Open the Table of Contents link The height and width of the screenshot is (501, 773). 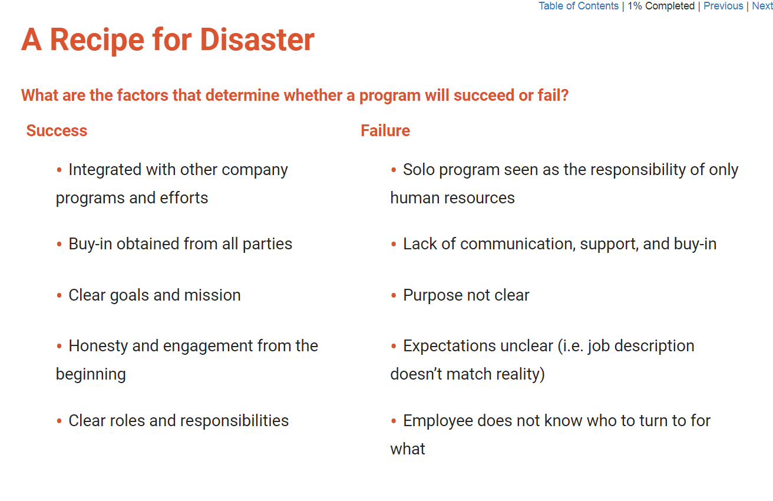point(579,6)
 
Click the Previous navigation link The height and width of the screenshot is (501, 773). point(724,6)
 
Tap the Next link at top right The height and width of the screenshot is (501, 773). point(762,6)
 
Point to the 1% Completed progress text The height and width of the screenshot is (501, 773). point(661,6)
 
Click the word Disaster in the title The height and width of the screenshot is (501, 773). point(257,39)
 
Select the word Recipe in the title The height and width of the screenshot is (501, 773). point(97,41)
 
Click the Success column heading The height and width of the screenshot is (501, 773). point(57,130)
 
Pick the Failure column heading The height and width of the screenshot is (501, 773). point(385,130)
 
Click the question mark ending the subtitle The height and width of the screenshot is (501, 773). point(564,95)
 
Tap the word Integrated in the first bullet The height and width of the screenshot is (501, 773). point(105,170)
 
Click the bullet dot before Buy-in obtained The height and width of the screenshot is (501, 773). point(59,245)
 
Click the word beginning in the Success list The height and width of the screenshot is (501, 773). point(91,375)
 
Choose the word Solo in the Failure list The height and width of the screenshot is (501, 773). point(419,170)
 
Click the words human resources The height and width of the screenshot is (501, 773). point(452,198)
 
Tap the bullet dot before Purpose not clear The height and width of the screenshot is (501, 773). point(394,295)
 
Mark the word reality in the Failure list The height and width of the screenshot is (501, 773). point(521,375)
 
